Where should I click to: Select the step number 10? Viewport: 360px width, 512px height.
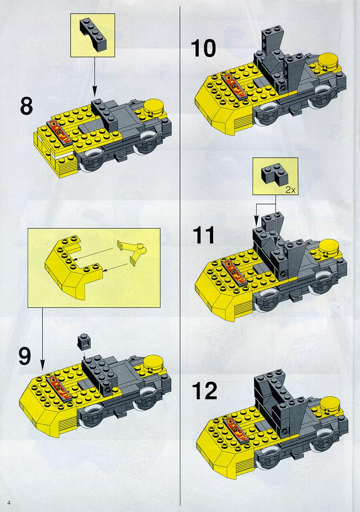pyautogui.click(x=203, y=48)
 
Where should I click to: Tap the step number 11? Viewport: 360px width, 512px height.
pyautogui.click(x=204, y=235)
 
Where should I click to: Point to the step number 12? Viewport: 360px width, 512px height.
pyautogui.click(x=205, y=390)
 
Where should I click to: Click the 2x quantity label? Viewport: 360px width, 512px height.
pyautogui.click(x=290, y=190)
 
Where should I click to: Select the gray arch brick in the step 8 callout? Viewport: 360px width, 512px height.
pyautogui.click(x=93, y=34)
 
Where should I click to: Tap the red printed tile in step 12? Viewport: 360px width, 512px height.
pyautogui.click(x=235, y=429)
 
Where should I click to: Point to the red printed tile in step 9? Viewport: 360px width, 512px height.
pyautogui.click(x=59, y=388)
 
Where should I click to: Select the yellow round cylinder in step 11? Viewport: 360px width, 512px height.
pyautogui.click(x=330, y=249)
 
